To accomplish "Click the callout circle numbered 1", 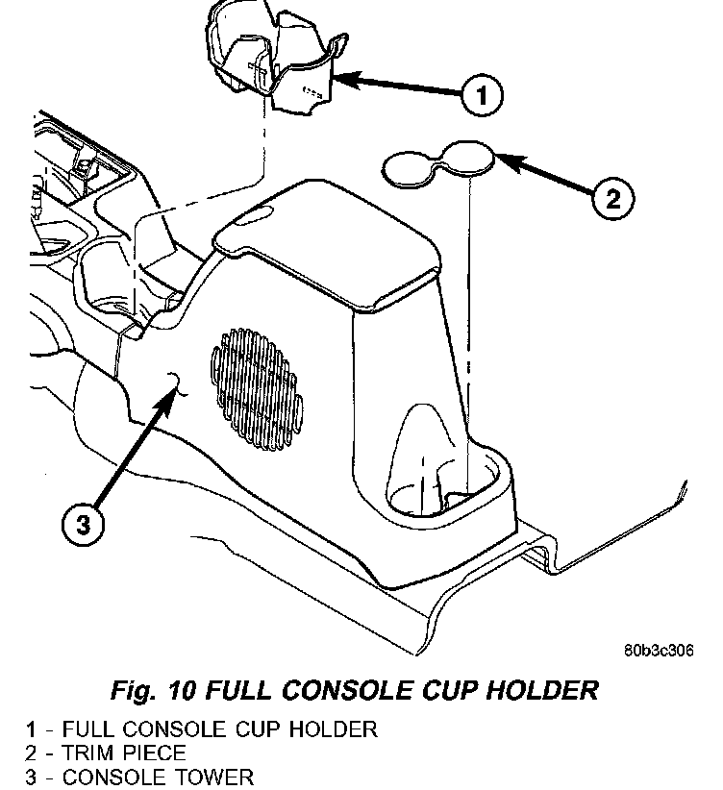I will (x=483, y=95).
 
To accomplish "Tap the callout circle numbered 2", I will (x=612, y=200).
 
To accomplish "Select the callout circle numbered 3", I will (x=84, y=524).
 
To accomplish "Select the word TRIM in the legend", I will (x=91, y=753).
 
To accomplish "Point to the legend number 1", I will (x=31, y=729).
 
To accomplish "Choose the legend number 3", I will (x=31, y=777).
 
